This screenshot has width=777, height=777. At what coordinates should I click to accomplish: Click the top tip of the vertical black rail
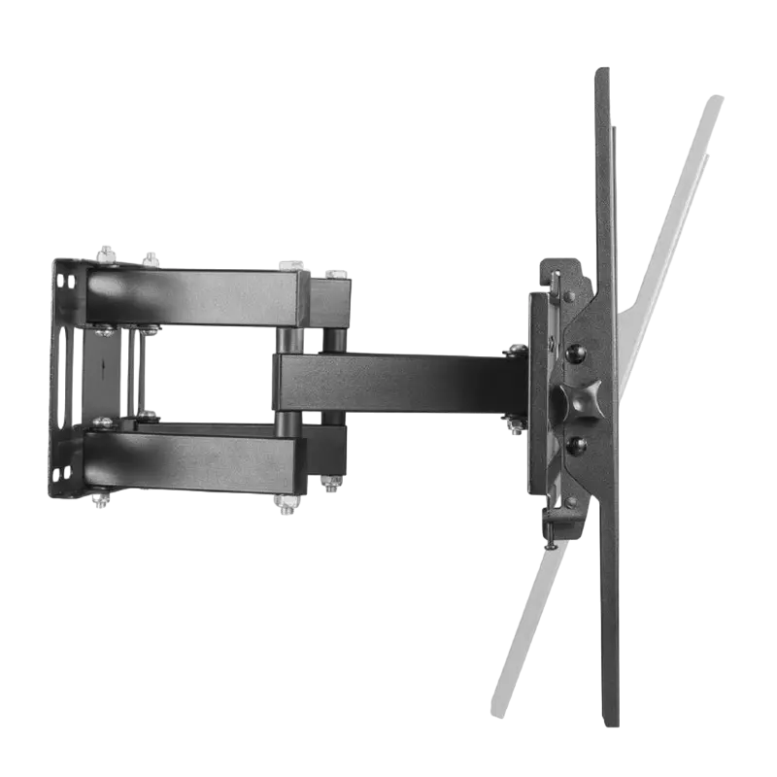pyautogui.click(x=602, y=70)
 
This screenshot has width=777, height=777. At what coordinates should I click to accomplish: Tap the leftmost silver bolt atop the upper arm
pyautogui.click(x=105, y=255)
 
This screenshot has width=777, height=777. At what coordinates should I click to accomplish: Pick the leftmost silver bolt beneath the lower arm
pyautogui.click(x=100, y=501)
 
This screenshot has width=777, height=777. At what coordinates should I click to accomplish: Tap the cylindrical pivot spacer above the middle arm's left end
pyautogui.click(x=287, y=339)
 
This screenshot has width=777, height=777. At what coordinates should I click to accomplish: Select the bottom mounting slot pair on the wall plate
pyautogui.click(x=60, y=473)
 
